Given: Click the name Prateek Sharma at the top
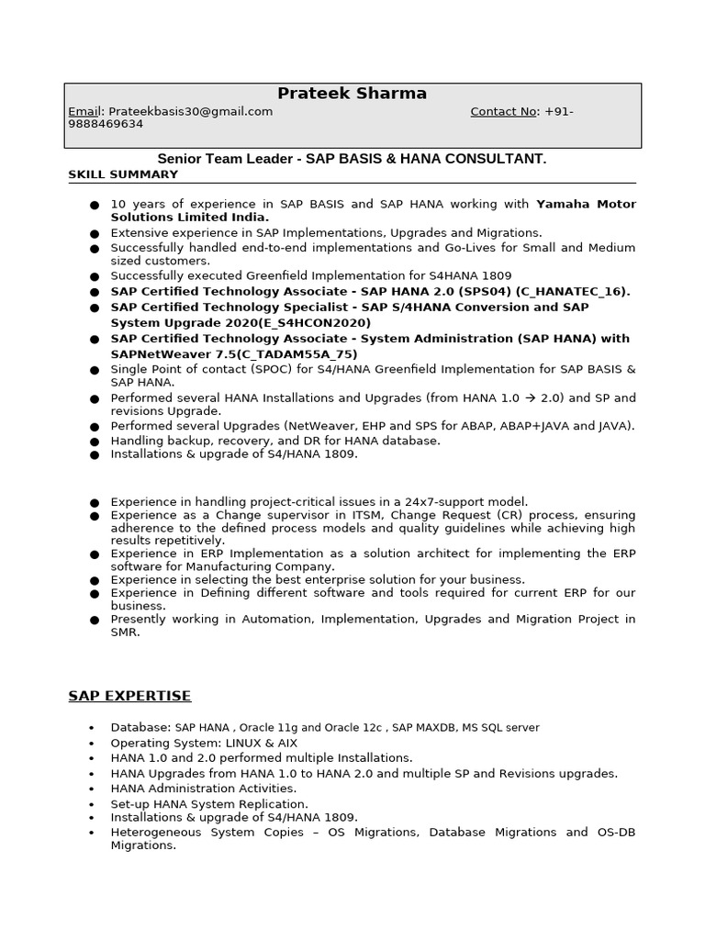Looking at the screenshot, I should click(352, 94).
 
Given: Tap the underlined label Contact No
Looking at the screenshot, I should click(503, 112).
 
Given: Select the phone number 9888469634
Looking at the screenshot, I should click(106, 124).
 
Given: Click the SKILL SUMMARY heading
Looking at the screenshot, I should click(123, 174).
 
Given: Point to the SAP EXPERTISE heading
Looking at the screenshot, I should click(129, 696).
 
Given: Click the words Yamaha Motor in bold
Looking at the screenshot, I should click(586, 204).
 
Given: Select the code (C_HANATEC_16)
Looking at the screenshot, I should click(573, 292).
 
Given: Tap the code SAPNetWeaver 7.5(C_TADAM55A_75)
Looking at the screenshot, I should click(234, 354).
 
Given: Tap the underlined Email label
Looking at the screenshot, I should click(85, 112).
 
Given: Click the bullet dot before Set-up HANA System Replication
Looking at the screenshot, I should click(91, 804).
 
